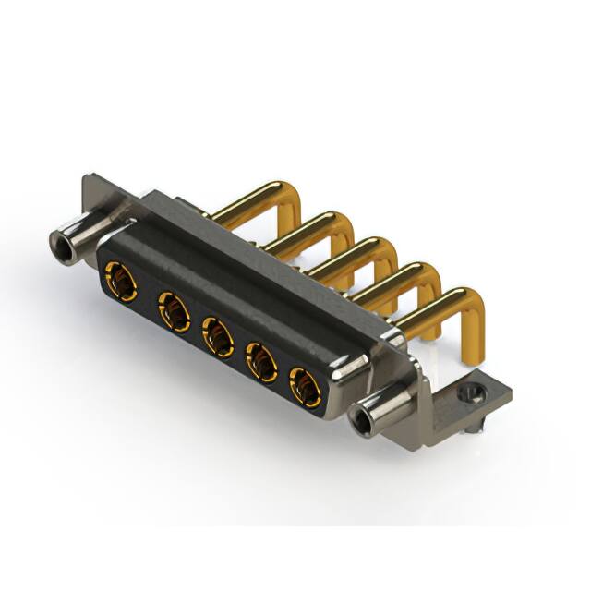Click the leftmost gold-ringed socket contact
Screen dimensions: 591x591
click(121, 280)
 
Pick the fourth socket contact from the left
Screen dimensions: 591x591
click(263, 363)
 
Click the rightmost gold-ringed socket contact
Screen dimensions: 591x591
click(306, 388)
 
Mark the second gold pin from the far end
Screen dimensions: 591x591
click(314, 226)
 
